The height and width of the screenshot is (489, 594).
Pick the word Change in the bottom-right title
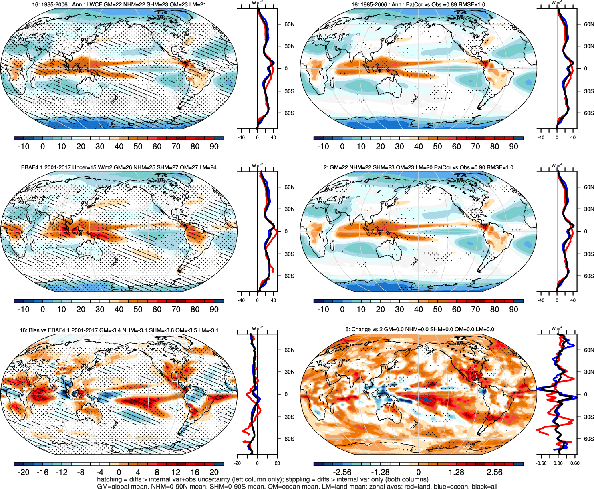point(360,329)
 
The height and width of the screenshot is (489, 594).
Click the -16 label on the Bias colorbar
point(42,472)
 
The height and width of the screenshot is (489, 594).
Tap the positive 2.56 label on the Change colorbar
point(495,472)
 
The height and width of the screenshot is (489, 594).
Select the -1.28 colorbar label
point(380,472)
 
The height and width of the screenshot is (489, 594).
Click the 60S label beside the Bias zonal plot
point(289,439)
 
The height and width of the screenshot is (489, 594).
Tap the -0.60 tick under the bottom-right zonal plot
point(541,463)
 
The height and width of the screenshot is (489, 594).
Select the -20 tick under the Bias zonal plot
point(238,463)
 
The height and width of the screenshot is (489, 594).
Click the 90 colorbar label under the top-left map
point(214,147)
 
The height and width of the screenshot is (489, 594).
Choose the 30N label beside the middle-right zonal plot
point(588,209)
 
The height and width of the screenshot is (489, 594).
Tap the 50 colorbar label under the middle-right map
point(437,310)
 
